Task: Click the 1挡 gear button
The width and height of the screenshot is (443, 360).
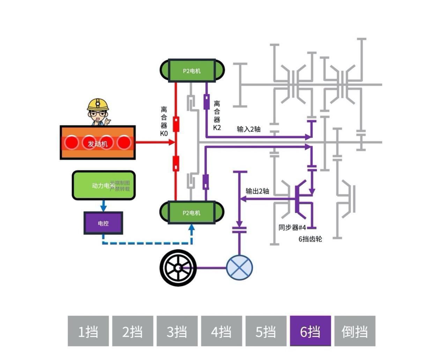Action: pos(88,331)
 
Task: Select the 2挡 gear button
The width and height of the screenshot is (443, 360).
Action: pos(132,331)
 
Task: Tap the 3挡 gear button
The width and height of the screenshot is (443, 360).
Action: pos(177,331)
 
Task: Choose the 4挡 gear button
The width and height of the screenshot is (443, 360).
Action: pos(221,331)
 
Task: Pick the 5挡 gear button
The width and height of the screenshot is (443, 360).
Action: pos(266,331)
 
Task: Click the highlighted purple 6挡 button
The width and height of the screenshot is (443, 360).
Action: pos(310,331)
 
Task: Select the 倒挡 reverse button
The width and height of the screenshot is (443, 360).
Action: pos(355,331)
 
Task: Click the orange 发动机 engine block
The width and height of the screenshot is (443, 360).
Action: pos(98,143)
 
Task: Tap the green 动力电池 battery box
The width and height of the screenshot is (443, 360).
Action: pos(103,185)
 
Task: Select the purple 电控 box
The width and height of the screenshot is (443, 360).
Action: pos(103,223)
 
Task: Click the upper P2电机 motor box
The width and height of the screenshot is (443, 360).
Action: pos(192,71)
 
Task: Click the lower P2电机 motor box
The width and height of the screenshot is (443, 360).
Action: pos(192,212)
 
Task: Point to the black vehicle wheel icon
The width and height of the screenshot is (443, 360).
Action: pos(178,268)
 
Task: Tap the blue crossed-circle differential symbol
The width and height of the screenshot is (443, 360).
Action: pos(239,268)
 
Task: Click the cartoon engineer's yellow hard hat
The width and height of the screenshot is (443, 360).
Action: pos(98,104)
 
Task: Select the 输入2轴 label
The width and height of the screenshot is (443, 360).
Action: pos(249,129)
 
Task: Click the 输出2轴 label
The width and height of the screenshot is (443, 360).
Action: pos(257,191)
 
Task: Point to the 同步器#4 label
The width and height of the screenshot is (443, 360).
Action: pos(292,227)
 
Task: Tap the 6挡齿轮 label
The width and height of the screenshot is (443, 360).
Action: pos(310,239)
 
